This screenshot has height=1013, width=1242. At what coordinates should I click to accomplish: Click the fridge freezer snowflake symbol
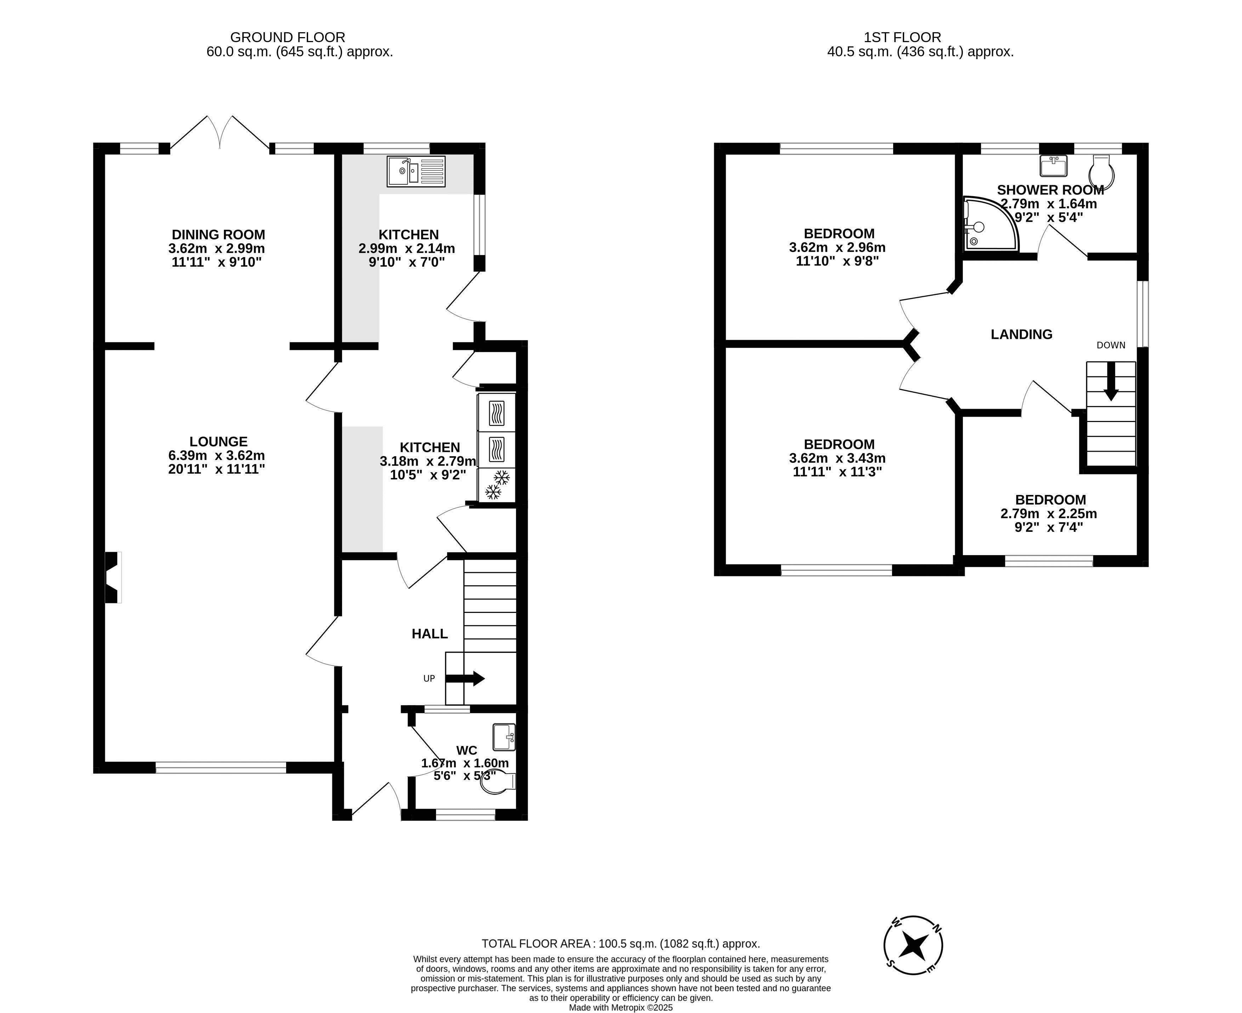(x=497, y=485)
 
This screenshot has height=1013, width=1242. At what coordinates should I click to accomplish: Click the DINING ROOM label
(x=218, y=235)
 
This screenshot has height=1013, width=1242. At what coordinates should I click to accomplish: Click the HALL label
(x=430, y=634)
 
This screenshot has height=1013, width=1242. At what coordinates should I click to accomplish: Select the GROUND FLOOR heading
(x=288, y=37)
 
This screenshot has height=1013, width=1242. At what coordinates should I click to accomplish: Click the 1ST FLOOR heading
(x=902, y=37)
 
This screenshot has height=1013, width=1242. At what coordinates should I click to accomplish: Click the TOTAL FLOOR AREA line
(x=620, y=944)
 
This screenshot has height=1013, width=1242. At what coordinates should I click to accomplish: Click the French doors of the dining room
(x=220, y=133)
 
